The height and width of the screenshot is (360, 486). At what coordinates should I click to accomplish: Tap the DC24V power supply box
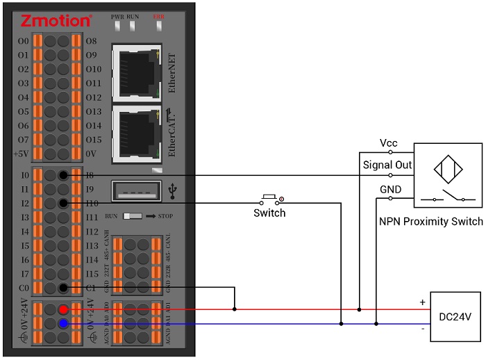(x=455, y=316)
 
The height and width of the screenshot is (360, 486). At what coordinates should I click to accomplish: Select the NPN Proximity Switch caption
(x=430, y=222)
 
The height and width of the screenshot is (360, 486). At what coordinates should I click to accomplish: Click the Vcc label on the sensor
(x=388, y=143)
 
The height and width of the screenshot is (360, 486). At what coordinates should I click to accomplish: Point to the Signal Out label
(x=387, y=165)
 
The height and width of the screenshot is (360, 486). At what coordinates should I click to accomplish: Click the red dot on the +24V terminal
(x=63, y=309)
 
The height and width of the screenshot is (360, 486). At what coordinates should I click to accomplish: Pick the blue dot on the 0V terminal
(x=63, y=323)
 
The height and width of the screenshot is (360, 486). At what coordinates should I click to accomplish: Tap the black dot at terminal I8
(x=63, y=175)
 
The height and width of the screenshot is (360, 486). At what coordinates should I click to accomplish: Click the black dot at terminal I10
(x=63, y=203)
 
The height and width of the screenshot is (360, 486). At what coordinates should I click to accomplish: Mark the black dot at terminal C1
(x=63, y=288)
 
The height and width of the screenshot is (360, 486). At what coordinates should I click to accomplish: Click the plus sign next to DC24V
(x=421, y=302)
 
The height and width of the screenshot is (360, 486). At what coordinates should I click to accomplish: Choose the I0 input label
(x=26, y=175)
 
